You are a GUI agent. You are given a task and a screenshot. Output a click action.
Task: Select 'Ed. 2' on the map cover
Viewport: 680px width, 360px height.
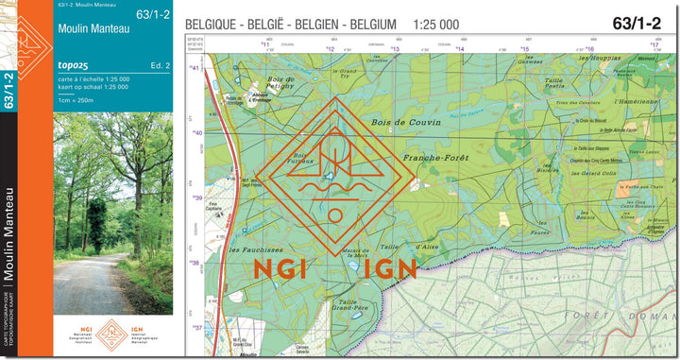(x=160, y=65)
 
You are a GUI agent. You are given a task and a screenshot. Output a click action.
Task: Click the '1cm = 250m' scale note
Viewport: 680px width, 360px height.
(x=76, y=100)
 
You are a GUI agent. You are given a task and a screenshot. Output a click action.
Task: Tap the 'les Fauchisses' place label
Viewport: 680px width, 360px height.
(x=247, y=250)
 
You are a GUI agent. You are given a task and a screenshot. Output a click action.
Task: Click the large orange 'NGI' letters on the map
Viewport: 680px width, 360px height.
(x=280, y=270)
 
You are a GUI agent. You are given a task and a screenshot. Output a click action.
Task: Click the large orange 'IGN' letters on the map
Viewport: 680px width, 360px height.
(x=389, y=270)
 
